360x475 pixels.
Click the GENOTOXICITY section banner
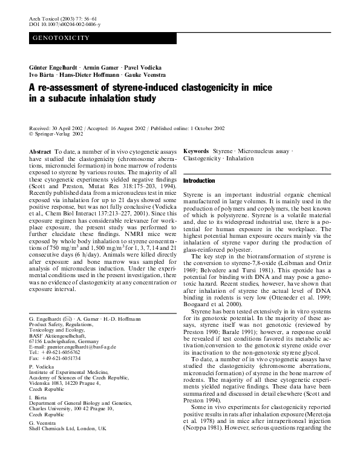pyautogui.click(x=61, y=38)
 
